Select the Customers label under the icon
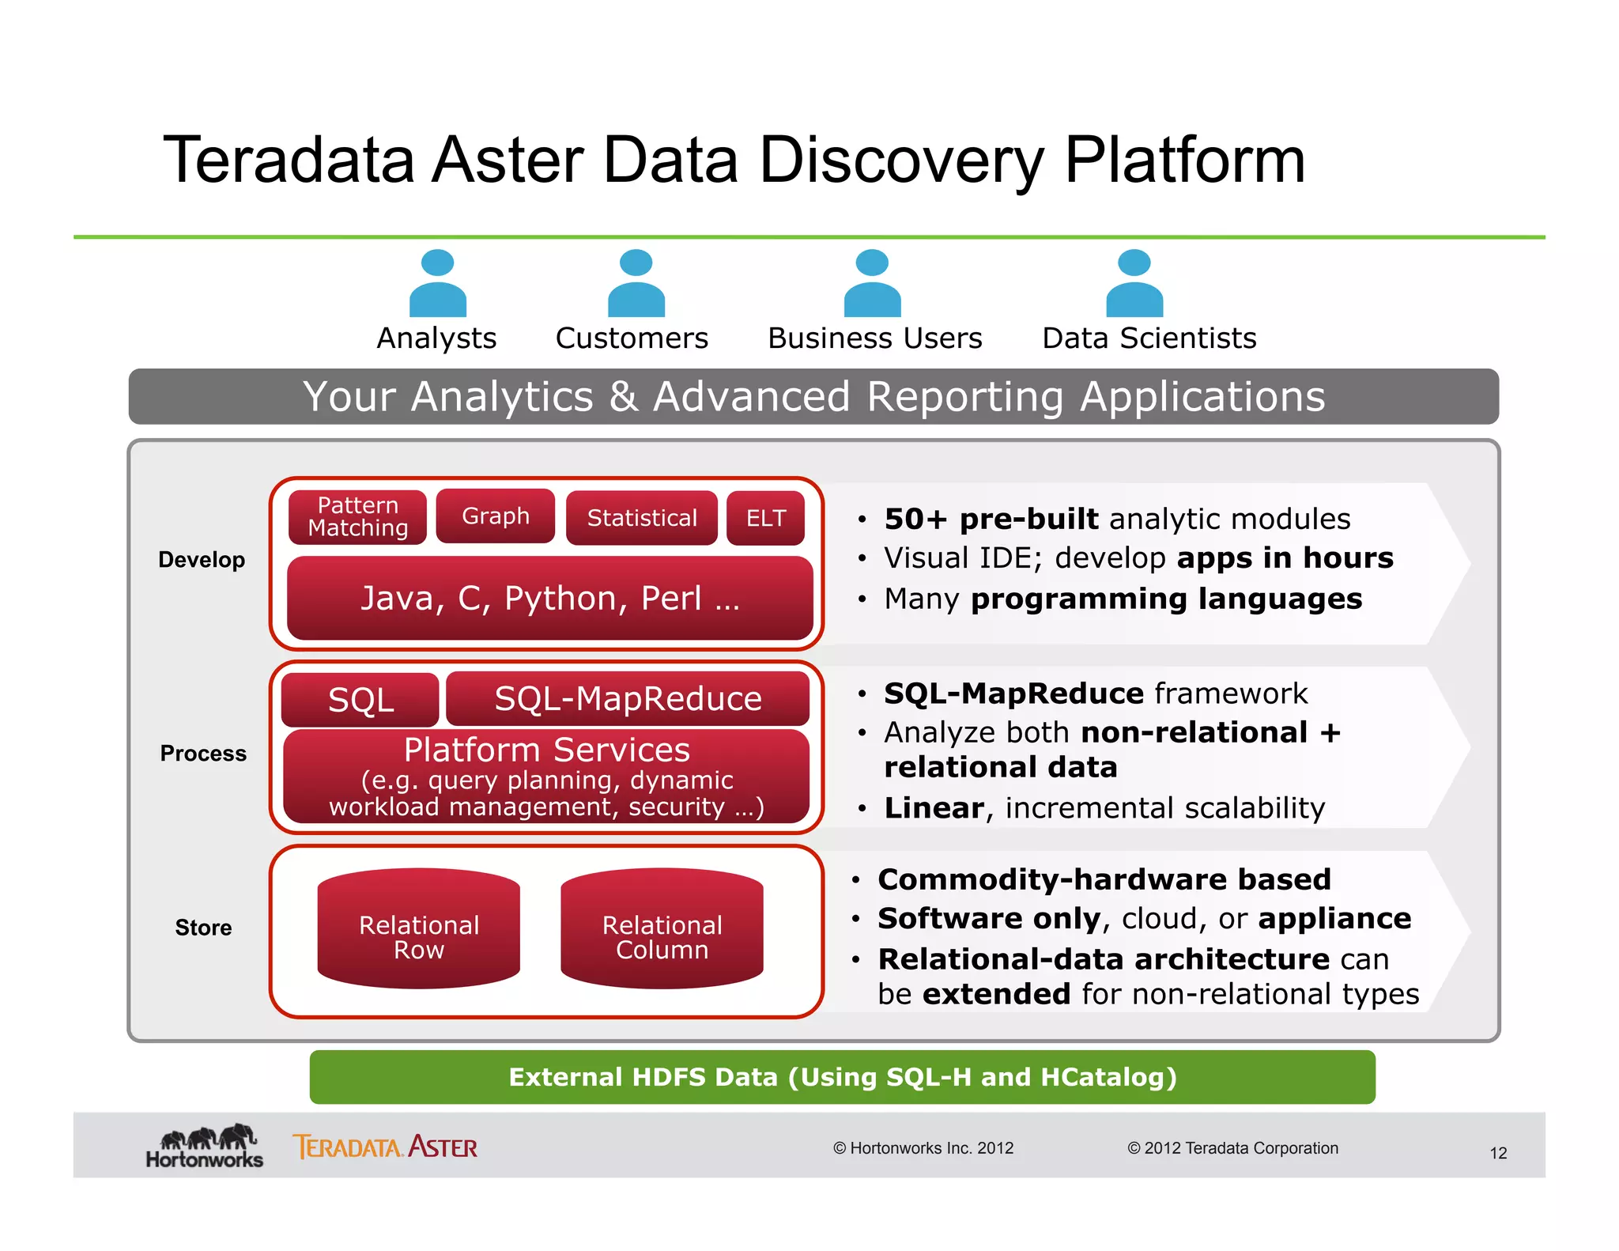[x=632, y=338]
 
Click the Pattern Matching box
[x=357, y=517]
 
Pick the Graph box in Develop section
[x=496, y=516]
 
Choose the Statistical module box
[x=642, y=518]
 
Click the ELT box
[x=765, y=518]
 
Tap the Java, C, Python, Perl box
[x=549, y=599]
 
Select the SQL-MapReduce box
[x=628, y=699]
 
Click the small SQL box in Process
[x=360, y=700]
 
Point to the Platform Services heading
[x=546, y=750]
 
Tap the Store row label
[x=203, y=928]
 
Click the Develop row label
[x=202, y=560]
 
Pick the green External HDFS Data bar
[x=842, y=1077]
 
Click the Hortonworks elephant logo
[x=205, y=1146]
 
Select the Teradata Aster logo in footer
[x=385, y=1147]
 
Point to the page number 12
[x=1498, y=1153]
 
